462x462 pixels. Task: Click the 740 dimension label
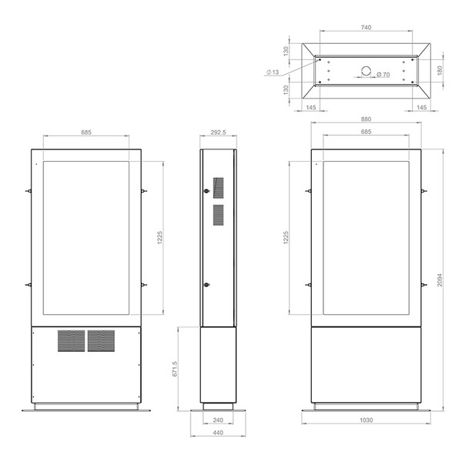[366, 28]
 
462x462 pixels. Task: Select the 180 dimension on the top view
[440, 70]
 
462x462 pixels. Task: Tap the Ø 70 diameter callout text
[383, 75]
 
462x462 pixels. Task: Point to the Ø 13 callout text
[273, 72]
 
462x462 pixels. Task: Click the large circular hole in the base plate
[366, 71]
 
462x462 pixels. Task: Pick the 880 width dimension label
[366, 119]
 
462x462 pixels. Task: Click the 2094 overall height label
[440, 280]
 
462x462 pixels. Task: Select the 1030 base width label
[366, 420]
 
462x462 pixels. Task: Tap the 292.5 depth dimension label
[218, 132]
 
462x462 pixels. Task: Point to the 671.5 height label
[175, 369]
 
